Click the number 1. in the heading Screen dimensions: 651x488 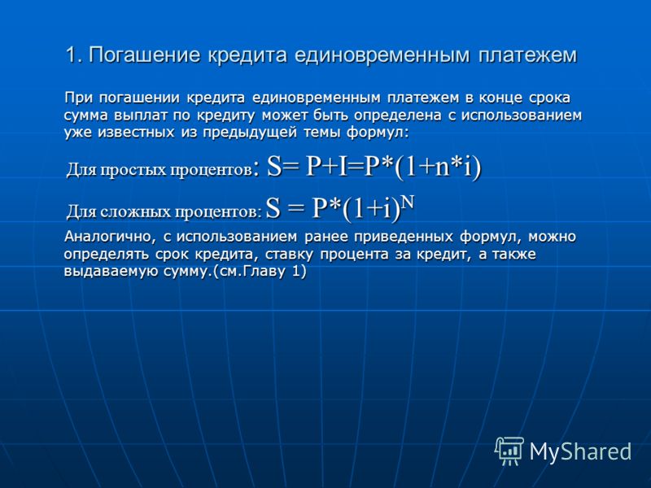pos(74,55)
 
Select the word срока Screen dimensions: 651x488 pos(550,99)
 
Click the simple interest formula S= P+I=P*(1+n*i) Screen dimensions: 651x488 pos(374,167)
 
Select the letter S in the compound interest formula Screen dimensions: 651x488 pos(273,208)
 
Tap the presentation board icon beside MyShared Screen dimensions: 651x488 pos(509,451)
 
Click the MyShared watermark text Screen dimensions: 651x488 pos(580,451)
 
